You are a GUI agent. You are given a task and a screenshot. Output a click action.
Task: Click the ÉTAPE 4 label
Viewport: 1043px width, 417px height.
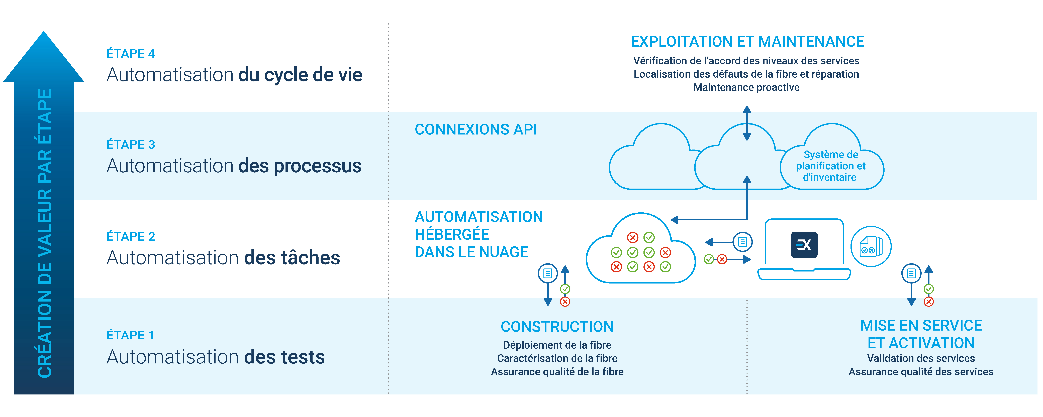tap(130, 53)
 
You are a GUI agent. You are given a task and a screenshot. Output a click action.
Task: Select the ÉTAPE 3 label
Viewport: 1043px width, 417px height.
tap(130, 145)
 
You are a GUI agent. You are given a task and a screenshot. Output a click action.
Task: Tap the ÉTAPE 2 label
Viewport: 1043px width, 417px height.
tap(130, 236)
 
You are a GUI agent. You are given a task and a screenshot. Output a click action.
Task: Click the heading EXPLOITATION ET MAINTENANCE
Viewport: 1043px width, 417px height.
tap(747, 42)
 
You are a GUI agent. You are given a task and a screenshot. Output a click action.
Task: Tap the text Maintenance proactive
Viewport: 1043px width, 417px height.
tap(746, 87)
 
